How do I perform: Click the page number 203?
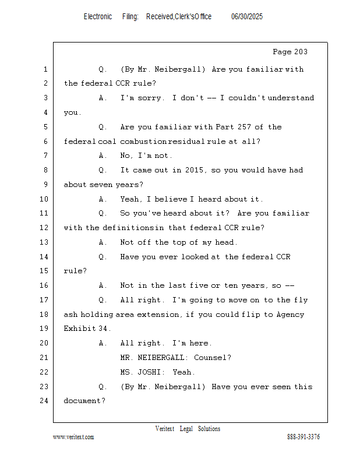[300, 52]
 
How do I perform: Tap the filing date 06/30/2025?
[247, 17]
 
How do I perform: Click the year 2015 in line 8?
[194, 170]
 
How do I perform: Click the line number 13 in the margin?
[44, 242]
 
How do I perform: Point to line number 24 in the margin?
[44, 401]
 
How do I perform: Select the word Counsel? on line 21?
[212, 358]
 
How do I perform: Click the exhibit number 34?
[103, 329]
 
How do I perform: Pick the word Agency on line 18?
[290, 315]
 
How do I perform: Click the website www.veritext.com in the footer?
[73, 437]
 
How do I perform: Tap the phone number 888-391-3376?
[303, 437]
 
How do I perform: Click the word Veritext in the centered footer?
[165, 429]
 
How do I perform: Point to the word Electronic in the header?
[98, 17]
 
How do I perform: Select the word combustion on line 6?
[143, 142]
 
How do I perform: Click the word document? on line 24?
[84, 401]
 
